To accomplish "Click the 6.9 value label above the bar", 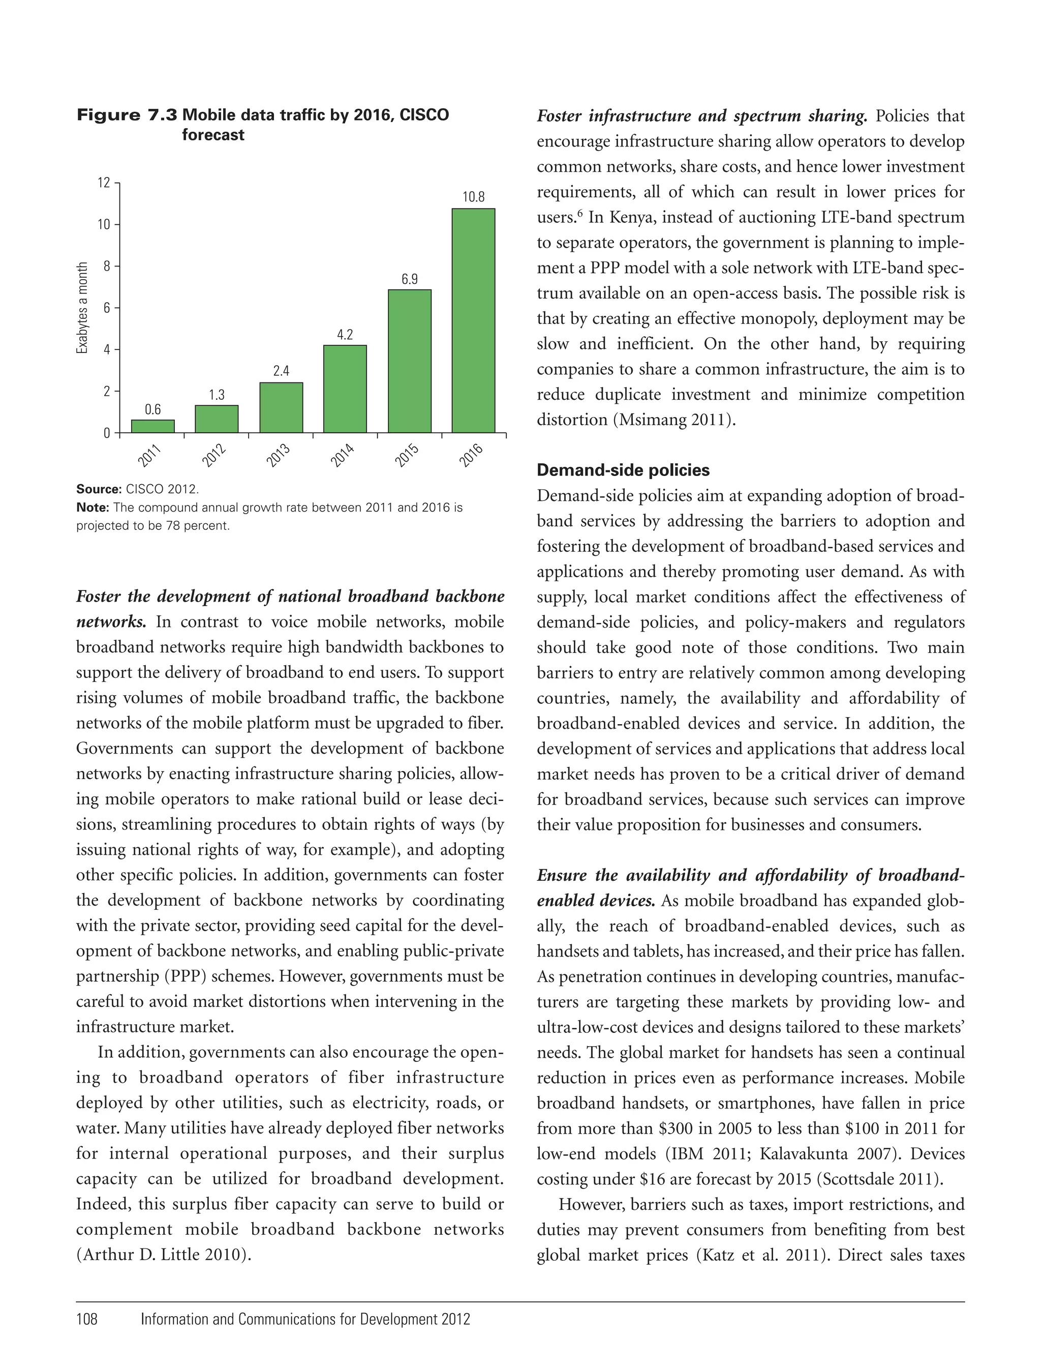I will (410, 279).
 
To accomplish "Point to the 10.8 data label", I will (473, 197).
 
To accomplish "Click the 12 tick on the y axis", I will (104, 183).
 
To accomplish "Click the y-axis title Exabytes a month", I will (82, 308).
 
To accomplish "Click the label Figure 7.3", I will (127, 115).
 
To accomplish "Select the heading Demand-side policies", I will (623, 470).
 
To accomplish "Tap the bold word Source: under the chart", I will (99, 489).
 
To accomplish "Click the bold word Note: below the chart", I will (93, 508).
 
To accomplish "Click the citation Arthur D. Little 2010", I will (161, 1255).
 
